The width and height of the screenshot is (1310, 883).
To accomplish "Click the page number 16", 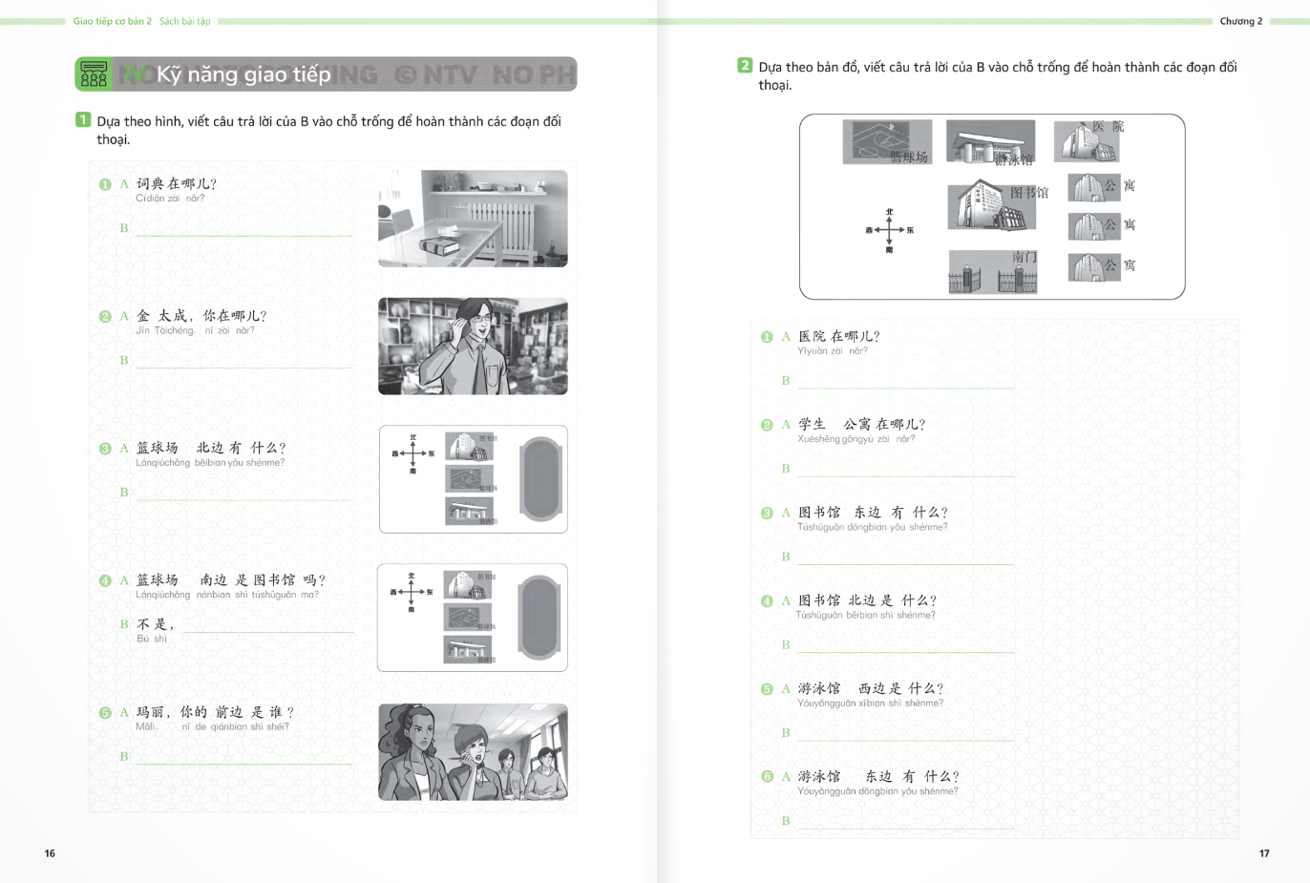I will [50, 853].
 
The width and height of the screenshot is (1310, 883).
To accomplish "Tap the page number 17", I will [1264, 853].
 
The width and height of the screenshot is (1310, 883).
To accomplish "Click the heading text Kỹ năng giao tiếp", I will [243, 74].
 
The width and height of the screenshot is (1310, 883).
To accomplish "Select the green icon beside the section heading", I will [94, 74].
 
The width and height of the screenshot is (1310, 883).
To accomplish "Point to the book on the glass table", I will [439, 246].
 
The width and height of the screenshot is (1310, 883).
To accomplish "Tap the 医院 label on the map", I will [1109, 126].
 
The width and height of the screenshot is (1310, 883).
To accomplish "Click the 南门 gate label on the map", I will [1025, 257].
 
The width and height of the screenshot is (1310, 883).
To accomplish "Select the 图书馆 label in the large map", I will [1029, 193].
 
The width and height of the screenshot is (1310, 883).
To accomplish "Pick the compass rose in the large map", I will [889, 230].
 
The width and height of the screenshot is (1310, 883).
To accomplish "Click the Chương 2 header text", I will [1240, 21].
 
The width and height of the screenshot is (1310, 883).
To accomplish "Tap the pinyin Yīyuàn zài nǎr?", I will [833, 351].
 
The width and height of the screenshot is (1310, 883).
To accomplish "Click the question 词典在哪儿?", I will [177, 183].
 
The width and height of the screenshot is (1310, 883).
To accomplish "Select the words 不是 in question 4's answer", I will [153, 624].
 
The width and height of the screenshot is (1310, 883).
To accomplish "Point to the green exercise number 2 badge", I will [745, 66].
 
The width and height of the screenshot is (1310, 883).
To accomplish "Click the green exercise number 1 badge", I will [83, 120].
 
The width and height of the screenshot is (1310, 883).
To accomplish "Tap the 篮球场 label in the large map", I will [909, 157].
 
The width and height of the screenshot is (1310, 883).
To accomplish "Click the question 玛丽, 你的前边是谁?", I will [215, 712].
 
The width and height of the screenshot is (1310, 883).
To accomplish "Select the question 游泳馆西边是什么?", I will [871, 688].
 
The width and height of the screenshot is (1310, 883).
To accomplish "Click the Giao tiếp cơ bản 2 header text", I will [113, 21].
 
